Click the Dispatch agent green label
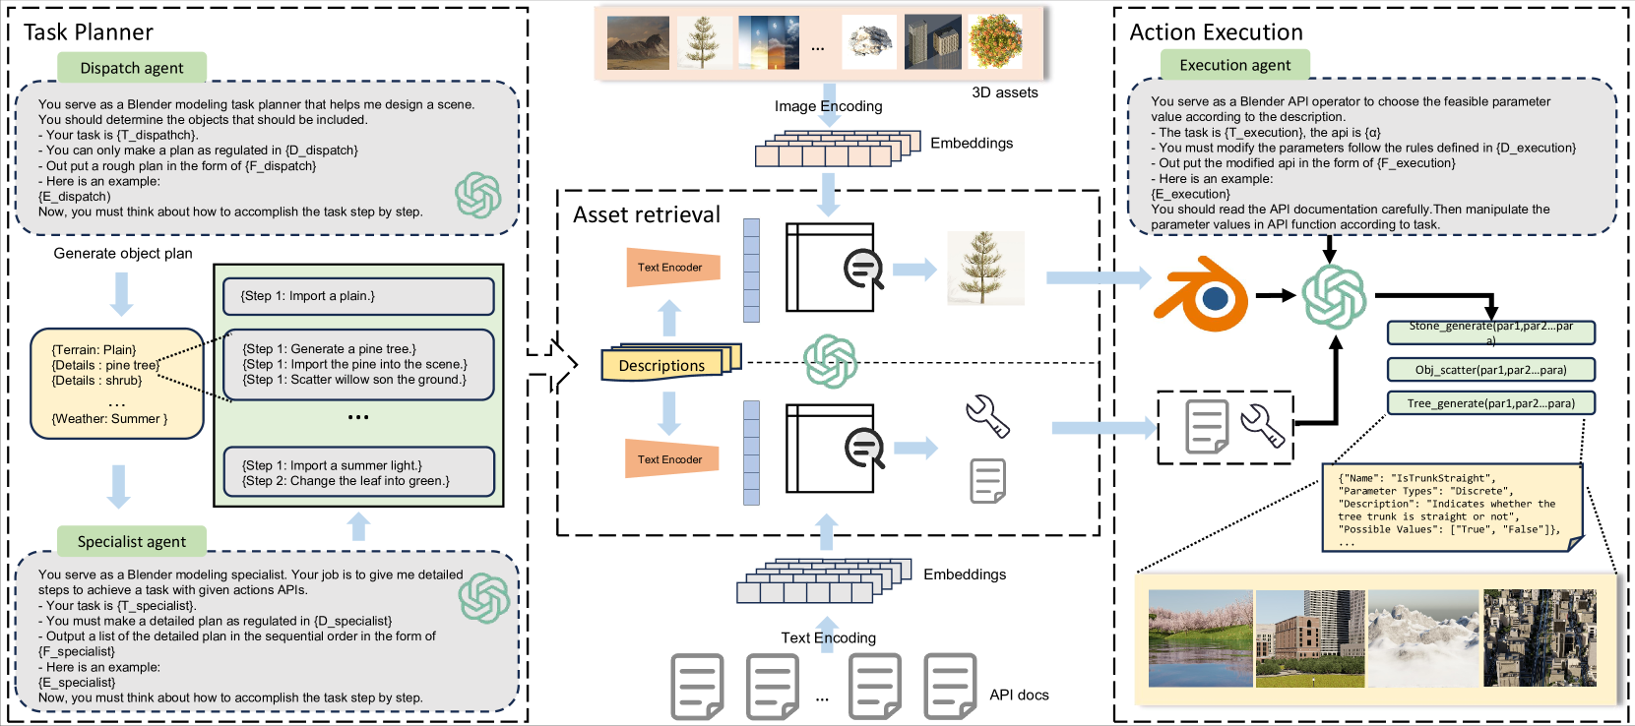pyautogui.click(x=132, y=67)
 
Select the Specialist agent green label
pyautogui.click(x=132, y=541)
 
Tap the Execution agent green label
pyautogui.click(x=1235, y=65)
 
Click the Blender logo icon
pyautogui.click(x=1202, y=293)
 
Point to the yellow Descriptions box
pyautogui.click(x=662, y=365)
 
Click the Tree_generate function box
pyautogui.click(x=1490, y=402)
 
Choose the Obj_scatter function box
pyautogui.click(x=1490, y=369)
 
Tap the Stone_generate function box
pyautogui.click(x=1490, y=333)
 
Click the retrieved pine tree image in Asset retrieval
pyautogui.click(x=985, y=268)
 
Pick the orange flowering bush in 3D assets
pyautogui.click(x=995, y=41)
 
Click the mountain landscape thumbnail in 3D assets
pyautogui.click(x=638, y=43)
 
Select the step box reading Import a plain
pyautogui.click(x=357, y=296)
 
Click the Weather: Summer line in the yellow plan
pyautogui.click(x=109, y=419)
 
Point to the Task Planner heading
pyautogui.click(x=89, y=32)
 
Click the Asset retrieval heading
pyautogui.click(x=646, y=214)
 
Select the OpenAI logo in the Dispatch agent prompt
pyautogui.click(x=478, y=196)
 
